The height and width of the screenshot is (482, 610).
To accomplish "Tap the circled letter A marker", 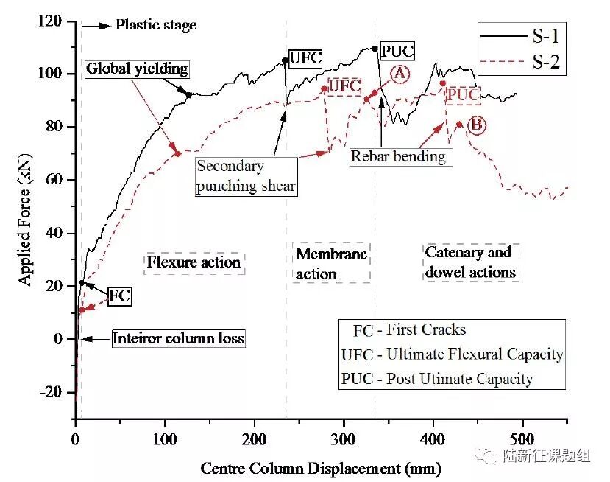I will click(400, 74).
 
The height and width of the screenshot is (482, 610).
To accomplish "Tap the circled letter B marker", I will click(476, 125).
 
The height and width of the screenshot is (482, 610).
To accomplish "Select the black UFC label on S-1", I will click(305, 58).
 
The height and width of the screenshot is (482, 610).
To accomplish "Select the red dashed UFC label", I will click(344, 86).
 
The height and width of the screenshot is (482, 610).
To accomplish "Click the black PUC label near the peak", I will click(398, 51).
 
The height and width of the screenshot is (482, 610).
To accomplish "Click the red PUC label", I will click(464, 95).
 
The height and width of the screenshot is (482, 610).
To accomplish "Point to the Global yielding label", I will click(137, 69).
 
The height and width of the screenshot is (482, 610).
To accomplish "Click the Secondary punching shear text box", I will click(246, 176).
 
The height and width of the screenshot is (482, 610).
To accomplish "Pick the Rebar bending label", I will click(397, 156).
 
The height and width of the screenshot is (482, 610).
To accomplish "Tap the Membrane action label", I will click(331, 263).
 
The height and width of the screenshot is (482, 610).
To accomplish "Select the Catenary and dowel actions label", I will click(470, 262).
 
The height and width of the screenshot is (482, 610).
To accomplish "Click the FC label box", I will click(119, 296).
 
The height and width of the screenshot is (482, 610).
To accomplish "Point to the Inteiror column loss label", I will click(178, 339).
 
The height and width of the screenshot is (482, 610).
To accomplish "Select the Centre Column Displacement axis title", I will click(321, 468).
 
